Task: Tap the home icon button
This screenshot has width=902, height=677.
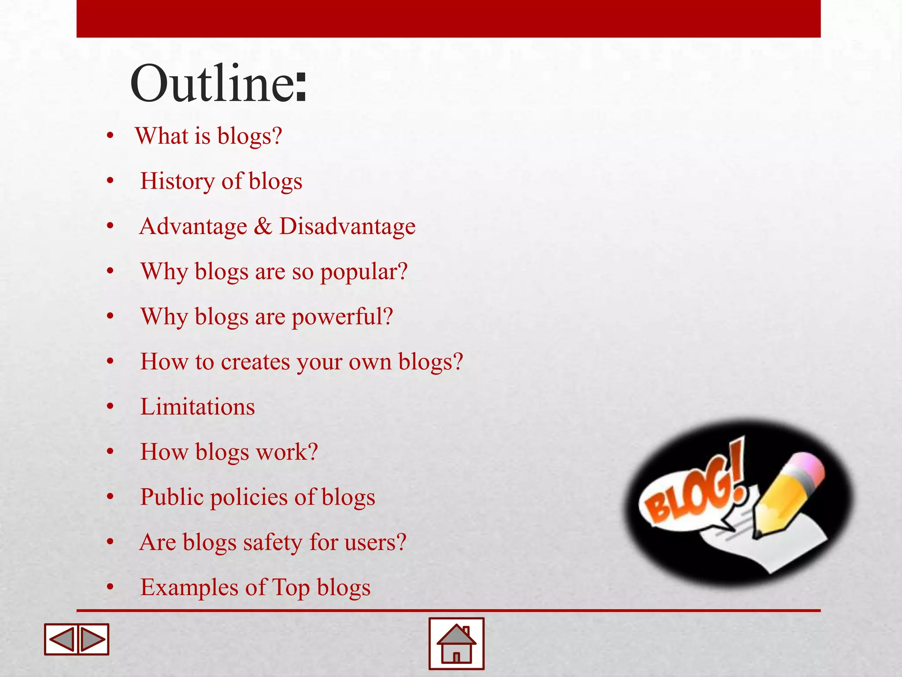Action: pos(456,644)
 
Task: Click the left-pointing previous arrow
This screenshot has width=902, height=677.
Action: pos(61,639)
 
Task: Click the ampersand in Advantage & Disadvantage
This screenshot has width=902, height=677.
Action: pos(263,227)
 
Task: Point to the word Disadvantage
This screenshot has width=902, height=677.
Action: pos(347,227)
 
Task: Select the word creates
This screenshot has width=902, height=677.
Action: pos(255,362)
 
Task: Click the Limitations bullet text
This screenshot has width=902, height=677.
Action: pos(197,407)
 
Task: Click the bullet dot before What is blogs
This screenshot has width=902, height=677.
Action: pos(110,136)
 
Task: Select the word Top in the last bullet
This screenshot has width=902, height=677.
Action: pos(291,588)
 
